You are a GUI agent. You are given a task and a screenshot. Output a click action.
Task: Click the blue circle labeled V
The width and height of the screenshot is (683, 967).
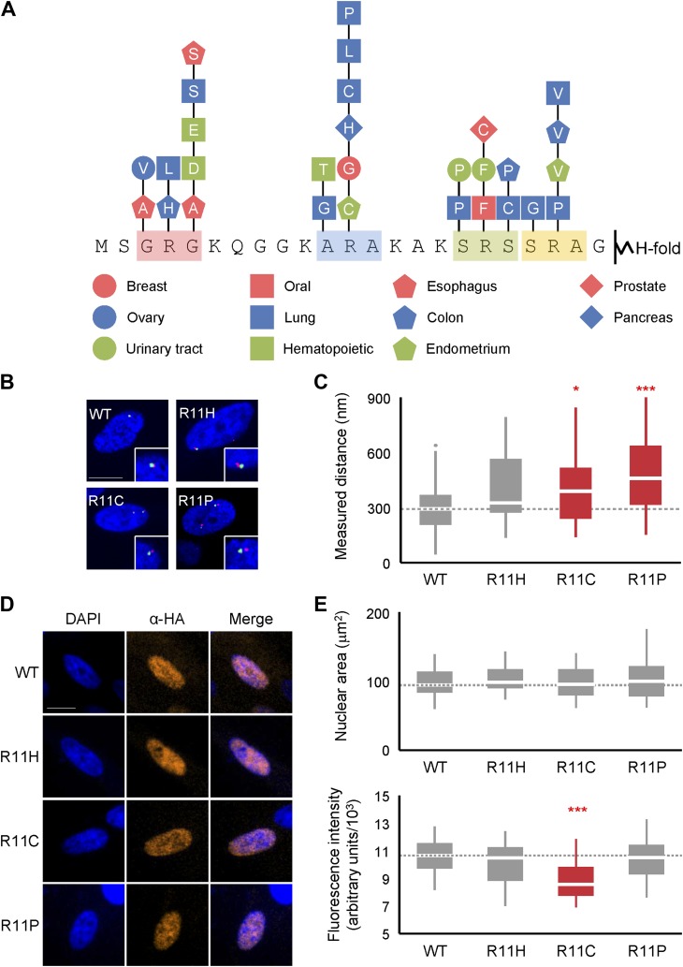tap(144, 168)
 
